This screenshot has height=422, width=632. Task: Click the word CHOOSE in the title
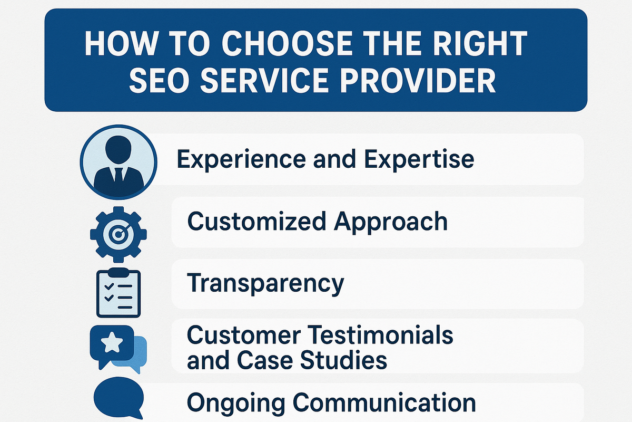pos(287,43)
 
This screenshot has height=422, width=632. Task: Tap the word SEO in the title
pos(159,80)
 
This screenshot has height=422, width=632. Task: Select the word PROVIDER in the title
pos(418,80)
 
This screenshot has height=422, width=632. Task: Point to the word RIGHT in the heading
pos(480,43)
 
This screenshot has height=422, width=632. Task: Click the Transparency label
pos(265,283)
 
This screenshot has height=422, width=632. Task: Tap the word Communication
pos(384,402)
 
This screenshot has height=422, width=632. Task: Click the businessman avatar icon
pos(118,162)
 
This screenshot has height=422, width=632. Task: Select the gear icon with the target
pos(118,234)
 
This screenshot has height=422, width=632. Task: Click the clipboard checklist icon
pos(118,293)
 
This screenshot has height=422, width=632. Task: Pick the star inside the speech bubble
pos(112,342)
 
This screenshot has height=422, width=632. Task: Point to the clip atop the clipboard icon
pos(118,273)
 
